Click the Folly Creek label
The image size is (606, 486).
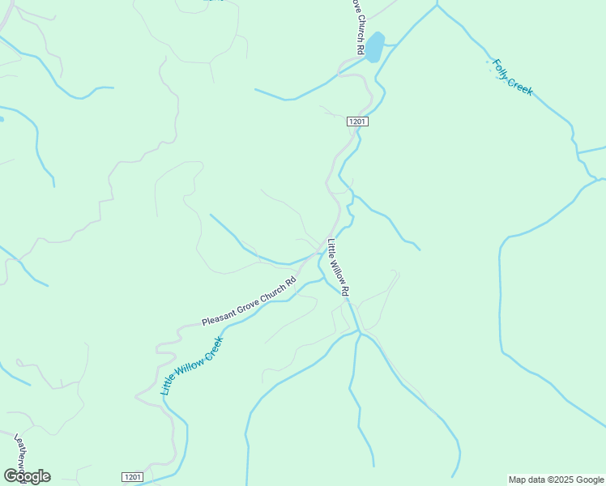(x=510, y=76)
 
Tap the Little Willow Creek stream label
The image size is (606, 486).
(x=191, y=366)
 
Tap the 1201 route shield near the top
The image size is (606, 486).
(x=358, y=122)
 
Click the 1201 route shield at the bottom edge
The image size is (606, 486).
(x=134, y=477)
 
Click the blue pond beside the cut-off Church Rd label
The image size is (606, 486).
(x=373, y=46)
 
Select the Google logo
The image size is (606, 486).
(x=27, y=476)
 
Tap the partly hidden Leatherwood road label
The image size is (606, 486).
(x=22, y=454)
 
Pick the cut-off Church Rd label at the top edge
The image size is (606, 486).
(x=356, y=27)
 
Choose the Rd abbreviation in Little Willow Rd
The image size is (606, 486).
(x=345, y=289)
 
